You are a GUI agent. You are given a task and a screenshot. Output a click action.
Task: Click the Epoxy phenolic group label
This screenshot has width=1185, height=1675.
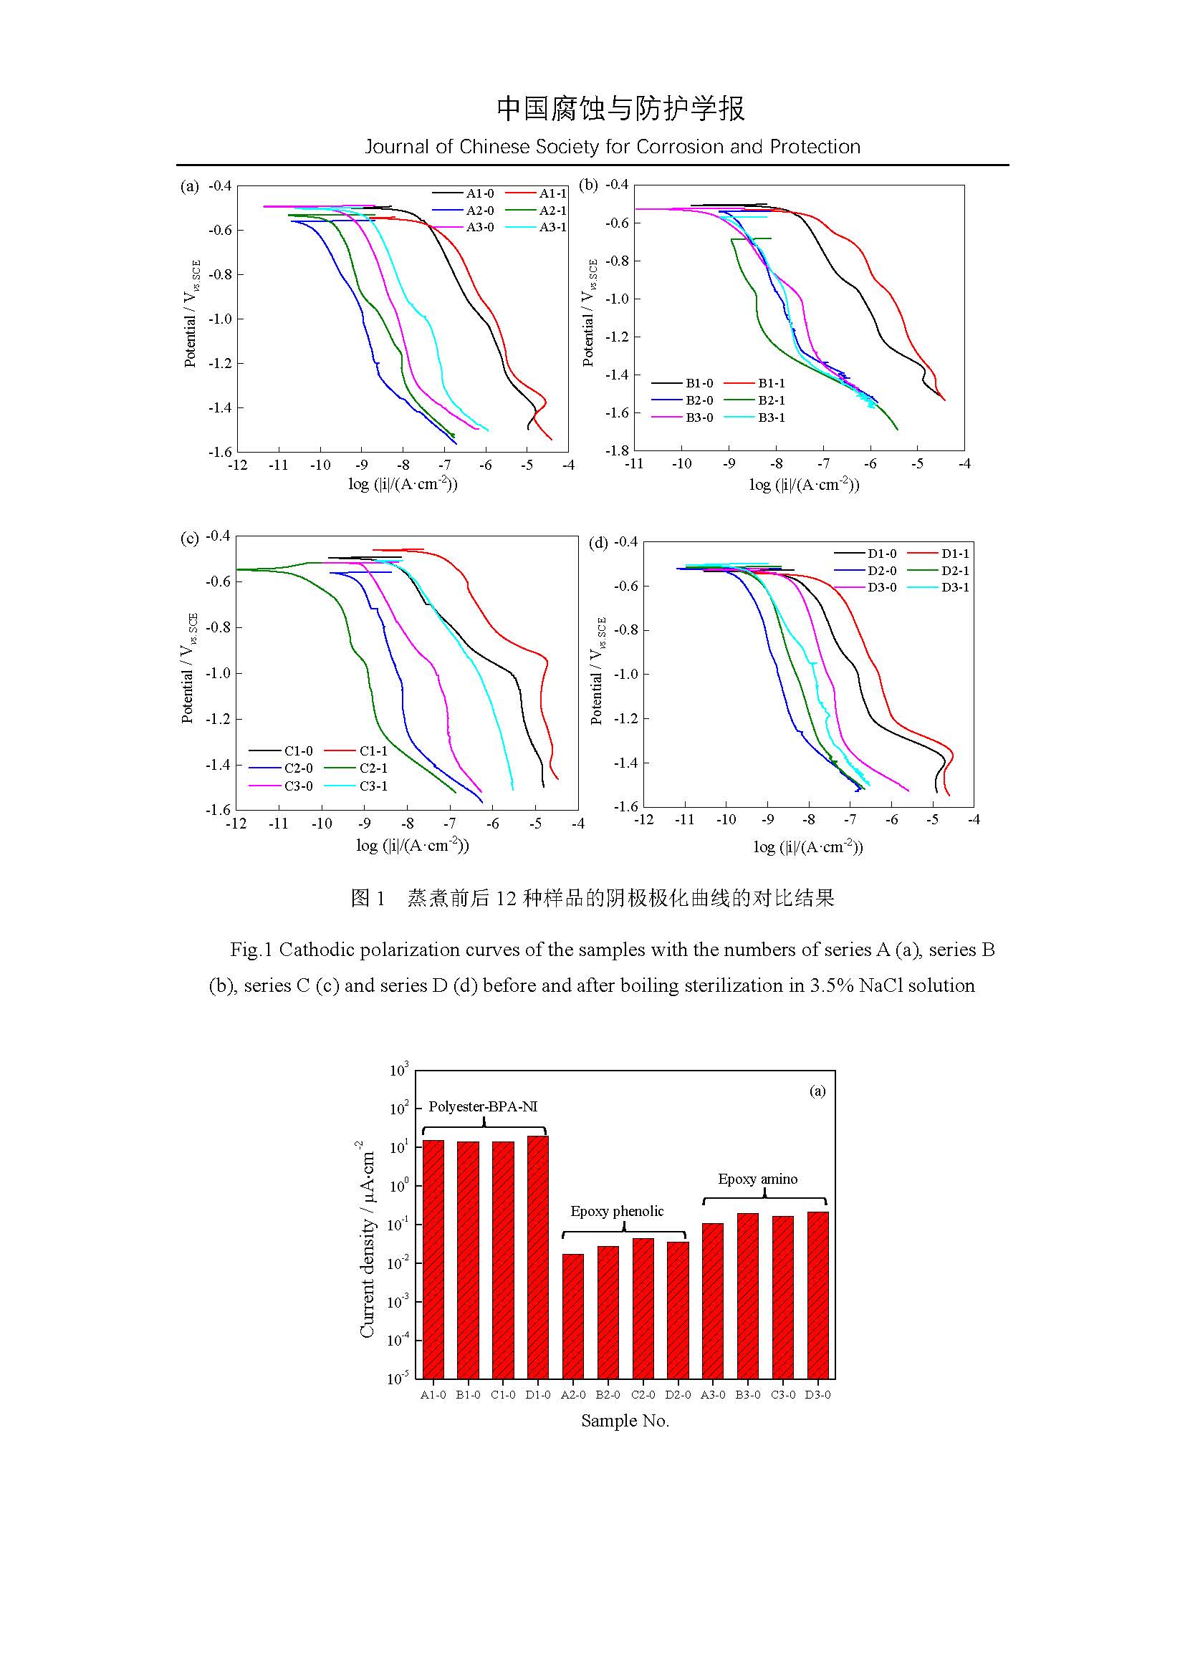[617, 1212]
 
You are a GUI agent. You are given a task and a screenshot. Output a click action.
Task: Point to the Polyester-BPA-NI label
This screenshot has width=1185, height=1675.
[483, 1106]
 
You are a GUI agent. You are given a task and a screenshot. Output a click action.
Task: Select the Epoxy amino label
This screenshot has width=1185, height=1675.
[757, 1179]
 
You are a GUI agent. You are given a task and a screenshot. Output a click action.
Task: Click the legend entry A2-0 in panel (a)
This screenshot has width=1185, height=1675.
[479, 211]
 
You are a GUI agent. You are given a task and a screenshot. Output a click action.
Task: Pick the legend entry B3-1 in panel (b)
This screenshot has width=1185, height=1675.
[772, 418]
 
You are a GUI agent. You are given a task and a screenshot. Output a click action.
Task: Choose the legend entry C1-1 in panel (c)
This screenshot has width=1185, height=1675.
[373, 750]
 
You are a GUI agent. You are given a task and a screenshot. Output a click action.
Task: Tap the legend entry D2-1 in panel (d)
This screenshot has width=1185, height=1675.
[955, 571]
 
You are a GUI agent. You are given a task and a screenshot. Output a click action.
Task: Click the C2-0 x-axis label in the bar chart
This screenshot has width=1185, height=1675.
[643, 1395]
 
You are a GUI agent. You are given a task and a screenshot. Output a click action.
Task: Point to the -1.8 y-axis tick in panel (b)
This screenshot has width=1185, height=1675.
[617, 451]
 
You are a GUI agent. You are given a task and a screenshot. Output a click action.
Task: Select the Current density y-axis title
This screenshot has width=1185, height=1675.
[367, 1240]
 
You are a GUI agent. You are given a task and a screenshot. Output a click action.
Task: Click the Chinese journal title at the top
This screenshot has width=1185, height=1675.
[621, 108]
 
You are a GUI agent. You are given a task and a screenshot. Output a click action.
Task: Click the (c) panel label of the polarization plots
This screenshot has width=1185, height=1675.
[190, 539]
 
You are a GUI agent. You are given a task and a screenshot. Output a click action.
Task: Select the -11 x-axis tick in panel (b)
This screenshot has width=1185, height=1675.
[634, 464]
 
